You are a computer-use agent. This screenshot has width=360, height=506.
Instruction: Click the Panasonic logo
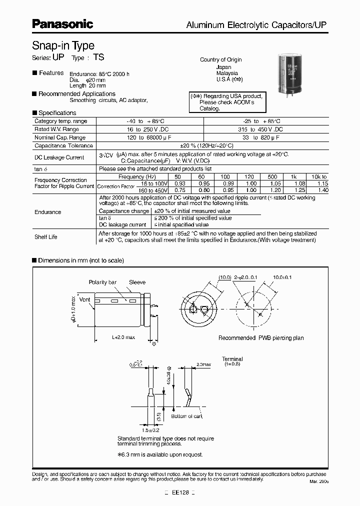click(62, 23)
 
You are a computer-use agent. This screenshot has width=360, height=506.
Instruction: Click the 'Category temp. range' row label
click(60, 121)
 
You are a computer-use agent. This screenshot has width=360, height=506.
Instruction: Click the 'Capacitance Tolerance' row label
click(63, 145)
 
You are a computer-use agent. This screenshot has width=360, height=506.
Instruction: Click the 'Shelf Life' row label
click(46, 237)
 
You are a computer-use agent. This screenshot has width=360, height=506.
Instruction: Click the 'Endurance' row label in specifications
click(48, 212)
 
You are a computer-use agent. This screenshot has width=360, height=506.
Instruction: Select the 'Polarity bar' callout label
click(102, 282)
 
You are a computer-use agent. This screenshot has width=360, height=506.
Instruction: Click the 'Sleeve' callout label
click(137, 282)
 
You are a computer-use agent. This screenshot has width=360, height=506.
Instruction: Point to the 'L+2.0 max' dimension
click(122, 337)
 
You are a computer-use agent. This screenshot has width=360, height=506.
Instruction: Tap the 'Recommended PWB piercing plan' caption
click(261, 338)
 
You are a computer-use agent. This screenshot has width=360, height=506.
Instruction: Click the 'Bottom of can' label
click(186, 416)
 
